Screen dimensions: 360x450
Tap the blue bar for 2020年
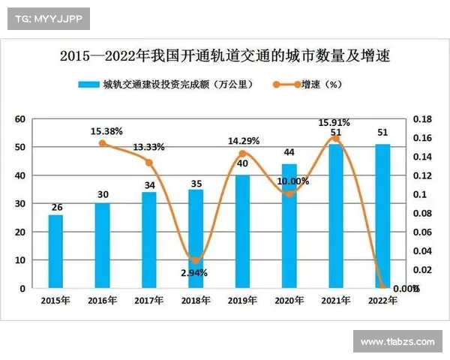289,226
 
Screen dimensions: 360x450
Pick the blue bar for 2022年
382,216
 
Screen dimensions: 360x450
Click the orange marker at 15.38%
102,143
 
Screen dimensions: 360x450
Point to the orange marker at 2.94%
195,260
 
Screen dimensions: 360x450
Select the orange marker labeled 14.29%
242,154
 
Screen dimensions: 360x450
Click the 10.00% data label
292,181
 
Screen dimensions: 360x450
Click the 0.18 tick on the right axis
423,119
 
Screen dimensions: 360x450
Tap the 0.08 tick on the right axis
423,213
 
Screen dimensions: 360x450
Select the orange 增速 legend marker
287,85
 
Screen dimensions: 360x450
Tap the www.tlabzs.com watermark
397,342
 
